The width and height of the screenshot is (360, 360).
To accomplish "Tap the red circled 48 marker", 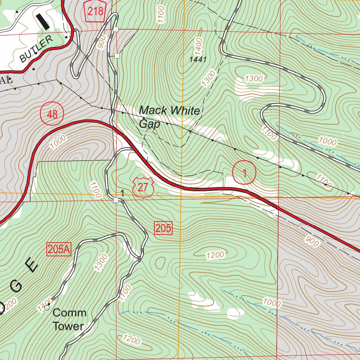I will point(52,114).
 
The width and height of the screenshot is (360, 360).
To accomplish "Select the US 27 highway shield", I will point(143,187).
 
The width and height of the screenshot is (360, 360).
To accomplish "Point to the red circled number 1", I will point(244,172).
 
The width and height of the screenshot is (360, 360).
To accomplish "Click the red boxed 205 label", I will point(163,229).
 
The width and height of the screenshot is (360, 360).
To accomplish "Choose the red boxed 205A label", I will point(59,250).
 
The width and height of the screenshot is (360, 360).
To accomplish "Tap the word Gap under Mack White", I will point(149,124).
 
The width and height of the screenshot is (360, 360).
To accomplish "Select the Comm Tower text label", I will point(69,319).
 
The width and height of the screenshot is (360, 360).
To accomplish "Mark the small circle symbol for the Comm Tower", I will point(47,308).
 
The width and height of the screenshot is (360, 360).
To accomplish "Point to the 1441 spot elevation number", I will point(198,60).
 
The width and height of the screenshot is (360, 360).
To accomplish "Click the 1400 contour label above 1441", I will point(199,46).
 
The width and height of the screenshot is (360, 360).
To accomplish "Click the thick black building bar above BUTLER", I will point(44,21).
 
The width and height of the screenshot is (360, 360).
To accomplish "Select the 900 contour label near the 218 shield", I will point(102,42).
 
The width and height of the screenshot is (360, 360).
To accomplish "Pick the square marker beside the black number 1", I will point(116,200).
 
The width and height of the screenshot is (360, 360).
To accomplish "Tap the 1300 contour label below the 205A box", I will point(101,262).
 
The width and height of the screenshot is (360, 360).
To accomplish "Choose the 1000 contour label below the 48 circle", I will point(58,143).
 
